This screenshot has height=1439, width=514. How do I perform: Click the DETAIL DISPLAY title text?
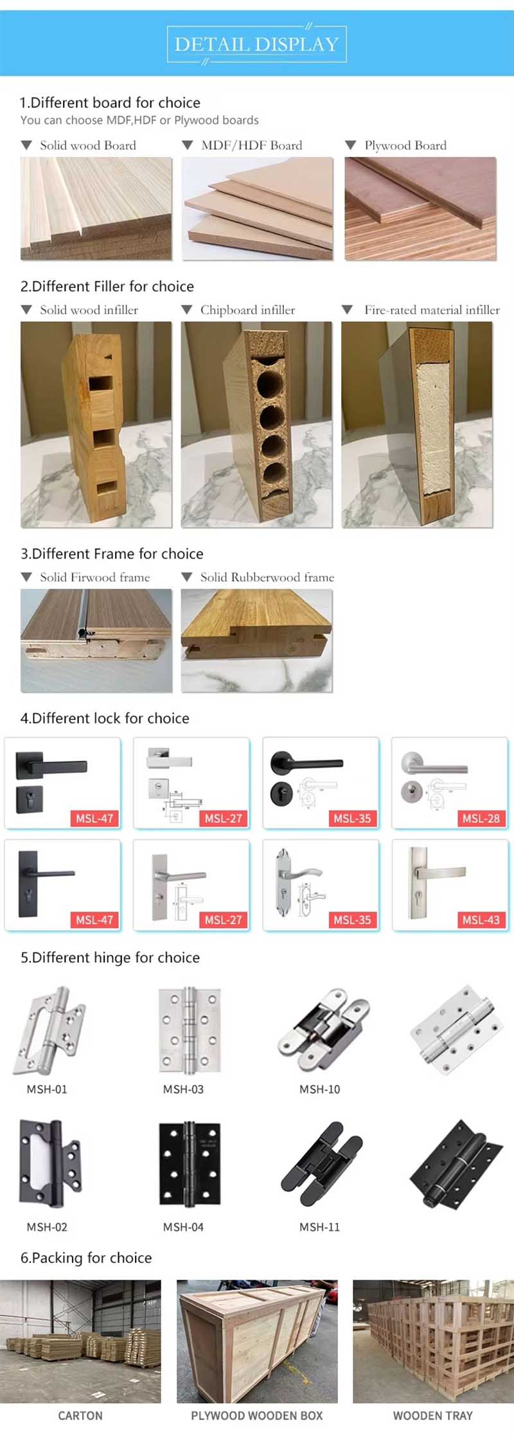pyautogui.click(x=256, y=44)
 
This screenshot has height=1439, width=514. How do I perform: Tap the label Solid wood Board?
pyautogui.click(x=87, y=145)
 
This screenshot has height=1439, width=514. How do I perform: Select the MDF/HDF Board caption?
pyautogui.click(x=251, y=145)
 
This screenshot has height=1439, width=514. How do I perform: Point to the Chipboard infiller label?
pyautogui.click(x=247, y=310)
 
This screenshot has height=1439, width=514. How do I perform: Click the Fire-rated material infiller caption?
pyautogui.click(x=432, y=310)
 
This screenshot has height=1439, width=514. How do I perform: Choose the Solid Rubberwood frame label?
pyautogui.click(x=267, y=577)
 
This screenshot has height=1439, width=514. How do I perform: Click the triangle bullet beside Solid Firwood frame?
pyautogui.click(x=26, y=577)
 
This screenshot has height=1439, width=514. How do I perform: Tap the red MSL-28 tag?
pyautogui.click(x=481, y=818)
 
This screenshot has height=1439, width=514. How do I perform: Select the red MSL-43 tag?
pyautogui.click(x=481, y=920)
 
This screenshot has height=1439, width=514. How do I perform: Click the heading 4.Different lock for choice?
pyautogui.click(x=105, y=718)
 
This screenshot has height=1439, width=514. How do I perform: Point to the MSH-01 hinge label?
pyautogui.click(x=47, y=1089)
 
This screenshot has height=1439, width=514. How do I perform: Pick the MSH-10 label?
pyautogui.click(x=319, y=1089)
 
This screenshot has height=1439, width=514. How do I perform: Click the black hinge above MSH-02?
pyautogui.click(x=49, y=1164)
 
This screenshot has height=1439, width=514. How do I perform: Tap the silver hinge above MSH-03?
pyautogui.click(x=190, y=1031)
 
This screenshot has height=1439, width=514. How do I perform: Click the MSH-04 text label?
pyautogui.click(x=183, y=1227)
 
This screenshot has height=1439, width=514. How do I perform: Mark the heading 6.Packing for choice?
pyautogui.click(x=86, y=1258)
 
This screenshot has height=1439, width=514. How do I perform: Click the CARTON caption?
pyautogui.click(x=80, y=1416)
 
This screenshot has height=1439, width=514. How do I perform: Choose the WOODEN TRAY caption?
pyautogui.click(x=432, y=1416)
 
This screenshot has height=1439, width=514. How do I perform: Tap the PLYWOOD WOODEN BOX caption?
pyautogui.click(x=257, y=1416)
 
